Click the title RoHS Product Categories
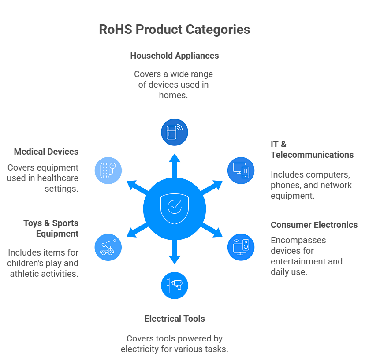tap(174, 30)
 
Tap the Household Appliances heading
tap(174, 56)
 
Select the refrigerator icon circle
tap(175, 132)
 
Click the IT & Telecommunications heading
tap(312, 149)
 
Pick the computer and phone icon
tap(241, 170)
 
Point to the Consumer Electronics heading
tap(314, 225)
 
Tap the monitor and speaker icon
tap(241, 247)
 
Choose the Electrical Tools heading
tap(175, 319)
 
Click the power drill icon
tap(175, 285)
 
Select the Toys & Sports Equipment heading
tap(51, 228)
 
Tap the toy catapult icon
tap(108, 247)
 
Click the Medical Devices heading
tap(46, 152)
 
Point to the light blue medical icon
tap(108, 170)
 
